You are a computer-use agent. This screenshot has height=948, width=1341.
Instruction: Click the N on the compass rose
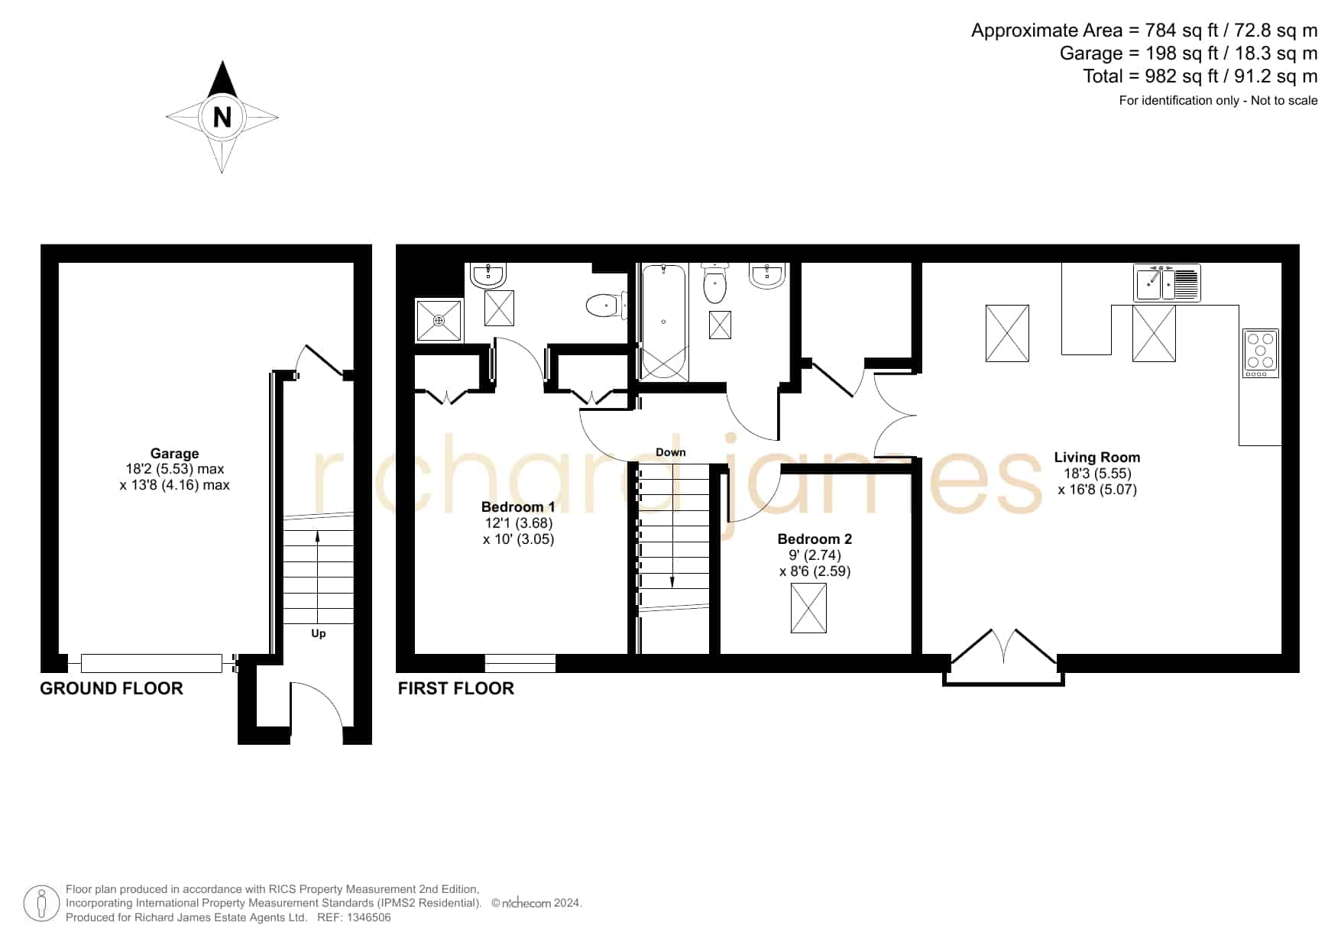(x=222, y=118)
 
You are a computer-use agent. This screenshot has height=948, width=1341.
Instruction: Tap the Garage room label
(x=174, y=453)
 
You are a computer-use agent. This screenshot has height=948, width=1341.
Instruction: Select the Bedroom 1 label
(x=518, y=506)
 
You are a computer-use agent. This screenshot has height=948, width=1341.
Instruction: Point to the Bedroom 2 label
(x=815, y=539)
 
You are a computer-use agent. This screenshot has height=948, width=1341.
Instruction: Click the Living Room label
(x=1097, y=457)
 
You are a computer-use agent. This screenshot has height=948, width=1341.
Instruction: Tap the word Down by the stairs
(x=671, y=452)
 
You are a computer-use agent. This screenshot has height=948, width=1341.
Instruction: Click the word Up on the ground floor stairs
(x=319, y=633)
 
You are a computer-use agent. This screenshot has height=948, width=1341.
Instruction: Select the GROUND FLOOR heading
(x=112, y=688)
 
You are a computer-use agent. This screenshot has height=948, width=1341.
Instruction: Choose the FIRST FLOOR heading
(x=456, y=688)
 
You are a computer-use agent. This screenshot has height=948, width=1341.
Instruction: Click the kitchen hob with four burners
(x=1261, y=353)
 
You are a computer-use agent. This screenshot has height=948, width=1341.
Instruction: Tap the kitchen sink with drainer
(x=1167, y=283)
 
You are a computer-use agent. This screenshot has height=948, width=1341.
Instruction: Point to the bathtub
(x=663, y=322)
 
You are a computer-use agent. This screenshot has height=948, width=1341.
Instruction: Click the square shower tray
(x=439, y=320)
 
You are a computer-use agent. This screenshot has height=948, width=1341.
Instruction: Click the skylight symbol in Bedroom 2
(x=808, y=607)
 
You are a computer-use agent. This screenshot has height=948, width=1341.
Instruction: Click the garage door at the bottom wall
(x=151, y=663)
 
